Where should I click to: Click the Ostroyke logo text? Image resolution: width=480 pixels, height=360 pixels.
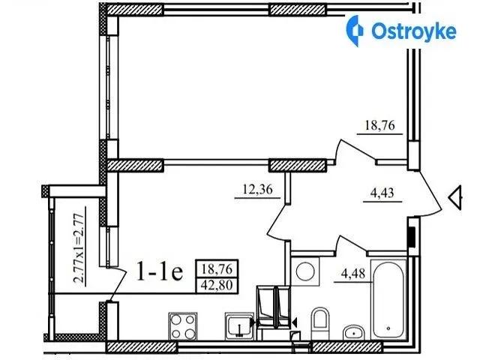click(414, 31)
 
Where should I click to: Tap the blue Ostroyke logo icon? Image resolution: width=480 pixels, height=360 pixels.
click(355, 31)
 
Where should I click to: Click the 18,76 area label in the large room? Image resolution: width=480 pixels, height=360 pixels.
click(379, 125)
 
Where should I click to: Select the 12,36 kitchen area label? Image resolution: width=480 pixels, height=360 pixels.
click(257, 189)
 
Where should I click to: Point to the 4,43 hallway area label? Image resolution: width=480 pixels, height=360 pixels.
click(382, 193)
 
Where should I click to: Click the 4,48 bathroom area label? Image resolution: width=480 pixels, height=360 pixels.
click(353, 273)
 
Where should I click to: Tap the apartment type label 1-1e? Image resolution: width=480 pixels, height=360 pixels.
click(160, 271)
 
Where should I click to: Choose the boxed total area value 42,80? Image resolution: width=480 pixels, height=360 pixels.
click(217, 285)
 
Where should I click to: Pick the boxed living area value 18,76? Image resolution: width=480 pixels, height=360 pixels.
click(217, 269)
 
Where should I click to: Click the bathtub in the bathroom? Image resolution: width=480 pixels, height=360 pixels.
click(388, 299)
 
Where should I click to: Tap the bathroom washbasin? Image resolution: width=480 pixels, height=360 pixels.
click(353, 332)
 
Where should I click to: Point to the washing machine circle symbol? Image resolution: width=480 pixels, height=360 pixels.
click(305, 271)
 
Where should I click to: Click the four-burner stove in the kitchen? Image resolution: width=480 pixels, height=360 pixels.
click(183, 326)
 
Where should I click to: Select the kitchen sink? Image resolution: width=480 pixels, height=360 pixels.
click(239, 326)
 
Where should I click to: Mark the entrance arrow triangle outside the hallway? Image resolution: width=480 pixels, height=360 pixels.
click(455, 198)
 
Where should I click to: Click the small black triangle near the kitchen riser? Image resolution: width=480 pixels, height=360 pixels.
click(295, 322)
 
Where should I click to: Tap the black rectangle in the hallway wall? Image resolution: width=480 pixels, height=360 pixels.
click(412, 237)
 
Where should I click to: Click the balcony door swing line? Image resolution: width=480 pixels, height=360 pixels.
click(117, 285)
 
